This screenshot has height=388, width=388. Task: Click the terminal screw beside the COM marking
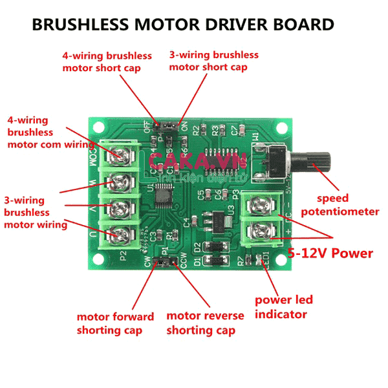tap(120, 155)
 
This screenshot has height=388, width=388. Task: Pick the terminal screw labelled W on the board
tap(120, 180)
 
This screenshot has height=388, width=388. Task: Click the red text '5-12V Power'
tap(330, 253)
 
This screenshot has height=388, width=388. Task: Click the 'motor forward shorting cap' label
tap(115, 323)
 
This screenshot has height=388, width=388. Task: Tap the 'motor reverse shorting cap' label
tap(205, 323)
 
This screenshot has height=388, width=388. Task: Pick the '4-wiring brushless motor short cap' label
tap(107, 62)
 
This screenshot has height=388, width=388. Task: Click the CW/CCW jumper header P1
tap(167, 261)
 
